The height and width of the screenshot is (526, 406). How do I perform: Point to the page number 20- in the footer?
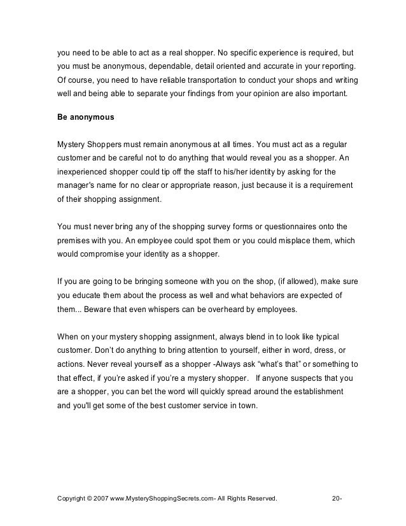coord(337,498)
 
